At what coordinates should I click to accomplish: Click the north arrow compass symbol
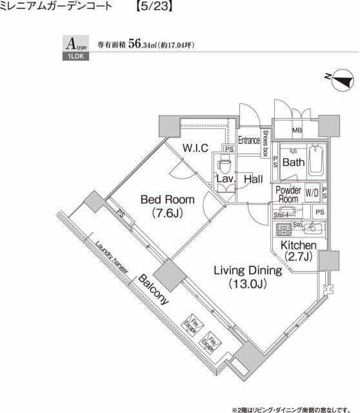click(341, 79)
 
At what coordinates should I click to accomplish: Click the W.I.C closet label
click(195, 148)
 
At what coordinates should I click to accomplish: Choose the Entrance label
click(248, 140)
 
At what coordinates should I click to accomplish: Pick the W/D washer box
click(312, 192)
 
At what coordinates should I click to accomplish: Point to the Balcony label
click(153, 288)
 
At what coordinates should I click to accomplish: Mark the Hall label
click(253, 179)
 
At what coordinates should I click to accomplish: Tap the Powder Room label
click(288, 194)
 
